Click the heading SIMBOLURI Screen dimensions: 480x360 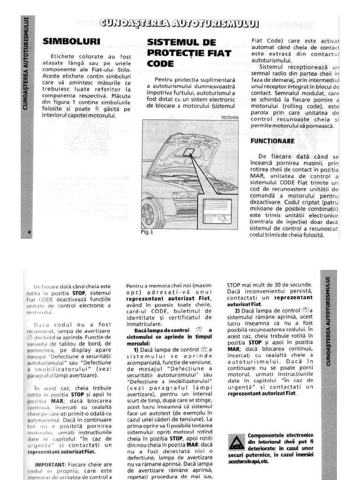click(72, 41)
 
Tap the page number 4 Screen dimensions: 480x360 click(29, 233)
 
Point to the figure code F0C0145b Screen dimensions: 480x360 click(229, 118)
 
